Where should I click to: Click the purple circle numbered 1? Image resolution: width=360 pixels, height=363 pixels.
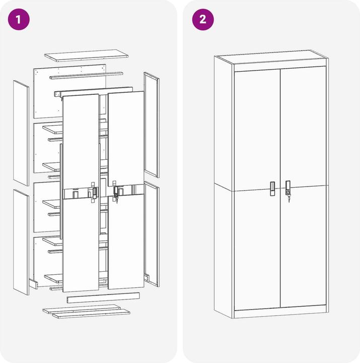(19, 20)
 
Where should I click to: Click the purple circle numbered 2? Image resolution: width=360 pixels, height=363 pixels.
(203, 20)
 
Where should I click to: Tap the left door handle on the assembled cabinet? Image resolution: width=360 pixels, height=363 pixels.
(272, 189)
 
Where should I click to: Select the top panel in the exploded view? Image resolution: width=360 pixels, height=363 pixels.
(86, 55)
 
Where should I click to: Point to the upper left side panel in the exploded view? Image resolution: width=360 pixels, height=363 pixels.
(21, 133)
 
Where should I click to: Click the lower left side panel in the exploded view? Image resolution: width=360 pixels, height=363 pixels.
(21, 242)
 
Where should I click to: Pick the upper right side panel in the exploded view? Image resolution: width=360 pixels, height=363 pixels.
(152, 125)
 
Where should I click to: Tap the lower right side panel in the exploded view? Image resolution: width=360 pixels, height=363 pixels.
(152, 234)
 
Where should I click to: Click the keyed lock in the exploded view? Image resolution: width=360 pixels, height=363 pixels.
(116, 192)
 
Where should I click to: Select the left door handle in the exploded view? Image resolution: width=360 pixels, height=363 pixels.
(95, 193)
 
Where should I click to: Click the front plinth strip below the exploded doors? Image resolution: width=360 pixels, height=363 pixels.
(103, 298)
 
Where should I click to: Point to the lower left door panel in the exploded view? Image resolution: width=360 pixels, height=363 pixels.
(81, 243)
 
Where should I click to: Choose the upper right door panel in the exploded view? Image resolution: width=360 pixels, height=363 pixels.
(126, 139)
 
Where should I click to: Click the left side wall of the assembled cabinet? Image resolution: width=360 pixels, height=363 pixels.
(224, 187)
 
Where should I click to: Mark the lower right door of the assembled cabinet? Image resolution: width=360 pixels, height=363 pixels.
(304, 247)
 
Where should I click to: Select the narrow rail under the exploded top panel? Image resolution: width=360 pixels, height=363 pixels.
(86, 75)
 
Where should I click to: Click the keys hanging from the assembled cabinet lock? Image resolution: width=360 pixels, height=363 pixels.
(289, 199)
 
